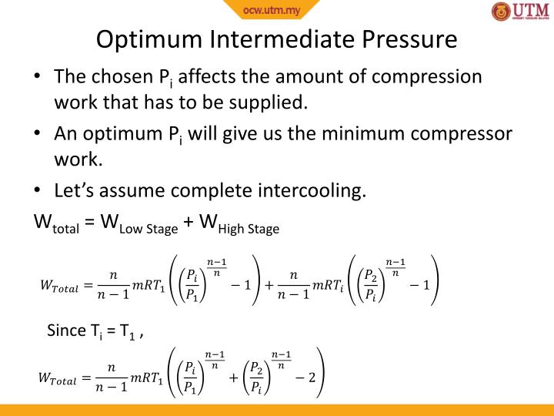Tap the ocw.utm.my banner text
[271, 9]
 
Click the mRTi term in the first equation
[329, 285]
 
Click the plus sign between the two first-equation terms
[270, 284]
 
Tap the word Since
[67, 330]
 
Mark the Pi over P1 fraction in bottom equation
[188, 377]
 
